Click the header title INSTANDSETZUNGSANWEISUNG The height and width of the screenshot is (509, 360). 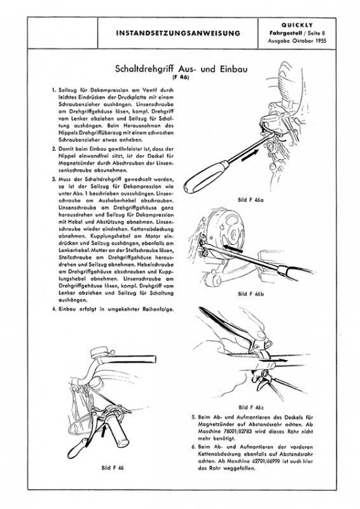coord(178,33)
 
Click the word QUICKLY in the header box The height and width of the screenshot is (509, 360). coord(296,25)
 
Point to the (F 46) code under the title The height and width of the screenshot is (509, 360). coord(180,78)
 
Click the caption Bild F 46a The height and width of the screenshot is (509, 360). coord(251,200)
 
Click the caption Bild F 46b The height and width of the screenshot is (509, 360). coord(251,294)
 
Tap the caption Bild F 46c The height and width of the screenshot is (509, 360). coord(251,407)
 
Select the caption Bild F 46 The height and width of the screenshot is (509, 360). coord(113,468)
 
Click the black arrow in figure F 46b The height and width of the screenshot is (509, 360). coord(232,248)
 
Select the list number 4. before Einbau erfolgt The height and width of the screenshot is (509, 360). coord(55,309)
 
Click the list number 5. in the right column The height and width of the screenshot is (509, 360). coord(194,417)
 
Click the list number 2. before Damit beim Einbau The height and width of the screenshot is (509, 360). coord(55,149)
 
